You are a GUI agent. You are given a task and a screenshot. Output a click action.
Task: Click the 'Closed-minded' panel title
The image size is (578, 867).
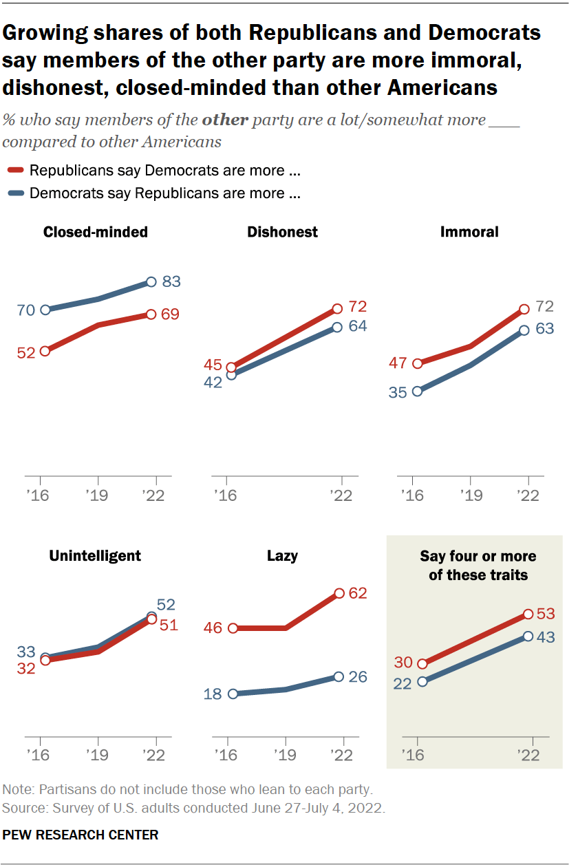click(95, 232)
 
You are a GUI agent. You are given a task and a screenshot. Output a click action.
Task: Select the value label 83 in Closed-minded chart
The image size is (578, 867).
click(171, 281)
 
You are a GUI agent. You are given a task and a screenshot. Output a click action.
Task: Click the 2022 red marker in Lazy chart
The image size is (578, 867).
click(339, 593)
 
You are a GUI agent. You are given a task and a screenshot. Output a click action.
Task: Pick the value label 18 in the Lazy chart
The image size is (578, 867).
click(213, 694)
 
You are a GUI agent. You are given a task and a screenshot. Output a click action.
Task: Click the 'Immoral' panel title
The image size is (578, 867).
click(469, 232)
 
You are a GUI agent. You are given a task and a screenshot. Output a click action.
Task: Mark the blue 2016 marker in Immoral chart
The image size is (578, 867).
click(416, 392)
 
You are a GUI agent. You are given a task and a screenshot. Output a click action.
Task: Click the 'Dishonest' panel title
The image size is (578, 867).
click(282, 232)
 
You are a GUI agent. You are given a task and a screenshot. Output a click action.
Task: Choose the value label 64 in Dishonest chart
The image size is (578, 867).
click(358, 326)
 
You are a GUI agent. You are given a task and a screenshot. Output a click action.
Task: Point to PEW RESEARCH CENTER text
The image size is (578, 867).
click(81, 835)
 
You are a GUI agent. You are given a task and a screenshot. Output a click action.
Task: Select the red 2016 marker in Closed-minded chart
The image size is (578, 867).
click(45, 351)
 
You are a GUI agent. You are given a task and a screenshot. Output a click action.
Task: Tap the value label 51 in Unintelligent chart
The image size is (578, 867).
click(169, 625)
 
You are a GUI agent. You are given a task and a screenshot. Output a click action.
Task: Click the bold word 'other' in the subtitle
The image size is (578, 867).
click(225, 119)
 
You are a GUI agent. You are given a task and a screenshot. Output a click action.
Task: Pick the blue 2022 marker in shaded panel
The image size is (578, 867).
click(528, 636)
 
